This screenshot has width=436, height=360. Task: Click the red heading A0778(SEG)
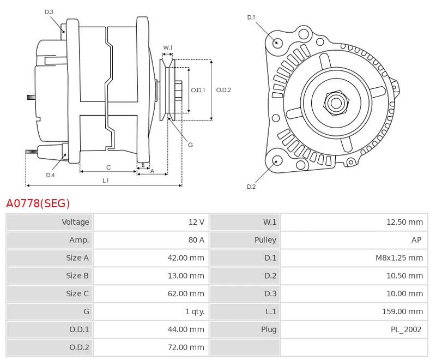[38, 204]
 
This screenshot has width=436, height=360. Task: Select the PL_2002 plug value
[406, 329]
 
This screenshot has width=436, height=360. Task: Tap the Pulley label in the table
[265, 240]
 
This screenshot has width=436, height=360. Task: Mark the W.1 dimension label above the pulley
[168, 48]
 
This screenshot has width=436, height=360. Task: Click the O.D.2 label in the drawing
[223, 90]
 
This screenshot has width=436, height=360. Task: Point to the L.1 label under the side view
[105, 180]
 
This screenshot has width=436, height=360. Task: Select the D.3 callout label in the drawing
[49, 11]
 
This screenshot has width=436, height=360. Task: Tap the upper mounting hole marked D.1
[277, 42]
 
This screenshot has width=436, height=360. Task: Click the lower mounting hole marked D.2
[277, 160]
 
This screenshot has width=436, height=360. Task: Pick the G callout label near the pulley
[190, 145]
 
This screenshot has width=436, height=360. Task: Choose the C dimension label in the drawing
[108, 167]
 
